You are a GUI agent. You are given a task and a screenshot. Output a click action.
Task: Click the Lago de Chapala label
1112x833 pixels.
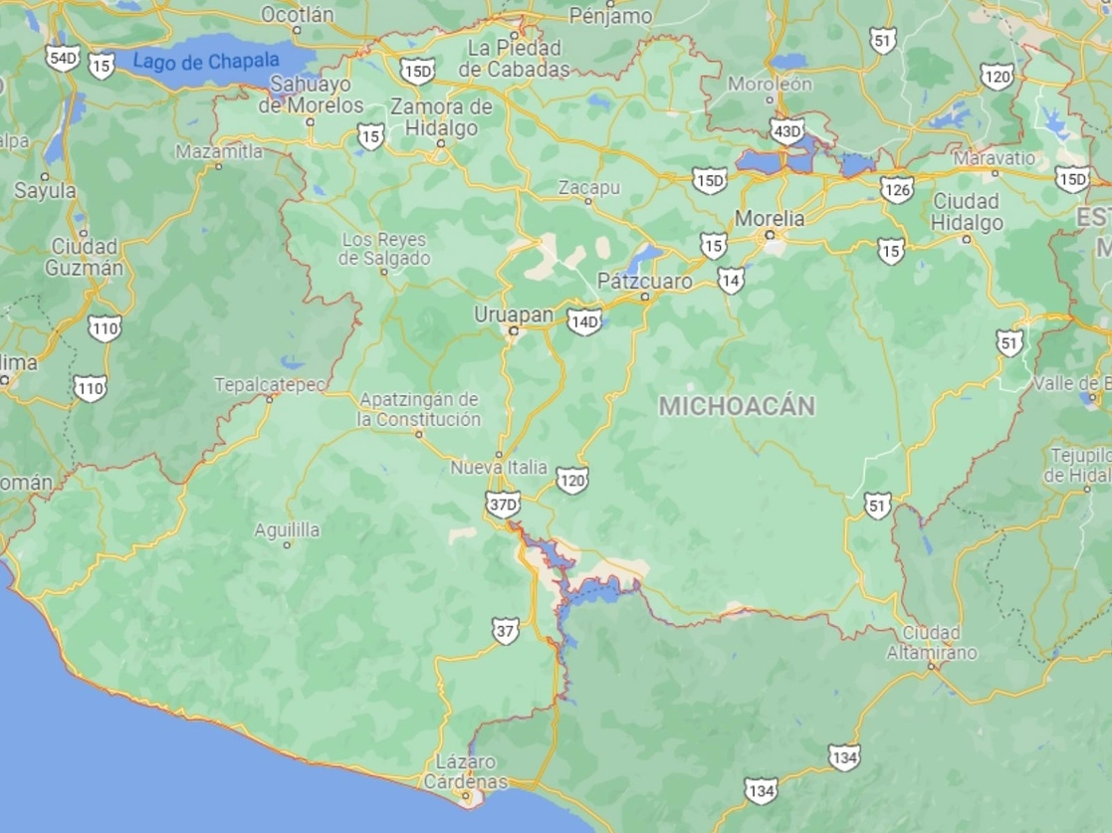pos(206,62)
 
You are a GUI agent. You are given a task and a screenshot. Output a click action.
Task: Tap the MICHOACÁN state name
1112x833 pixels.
pos(738,406)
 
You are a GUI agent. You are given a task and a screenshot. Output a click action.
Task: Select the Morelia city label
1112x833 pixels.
pos(770,218)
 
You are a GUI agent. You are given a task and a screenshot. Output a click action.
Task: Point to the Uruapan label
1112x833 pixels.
pos(514,313)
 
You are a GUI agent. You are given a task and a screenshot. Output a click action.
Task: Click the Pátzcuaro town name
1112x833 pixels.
pos(645,282)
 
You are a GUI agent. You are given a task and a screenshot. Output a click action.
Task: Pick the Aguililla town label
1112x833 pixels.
pos(287,530)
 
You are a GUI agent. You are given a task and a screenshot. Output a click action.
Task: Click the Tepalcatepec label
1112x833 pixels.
pos(269,384)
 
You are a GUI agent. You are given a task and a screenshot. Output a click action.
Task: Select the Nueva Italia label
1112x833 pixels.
pos(499,467)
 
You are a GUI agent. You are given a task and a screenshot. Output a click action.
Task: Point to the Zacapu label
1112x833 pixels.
pos(589,187)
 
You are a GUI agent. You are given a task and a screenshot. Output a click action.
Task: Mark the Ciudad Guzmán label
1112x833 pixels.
pos(85,257)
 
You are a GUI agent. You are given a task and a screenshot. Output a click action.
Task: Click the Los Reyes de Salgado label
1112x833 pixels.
pos(384,249)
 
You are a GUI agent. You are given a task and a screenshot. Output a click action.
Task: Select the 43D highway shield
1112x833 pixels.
pos(787,130)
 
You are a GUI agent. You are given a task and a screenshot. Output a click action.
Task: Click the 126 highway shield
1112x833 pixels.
pos(897,189)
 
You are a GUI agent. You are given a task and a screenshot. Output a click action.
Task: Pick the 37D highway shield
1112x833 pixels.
pos(504,505)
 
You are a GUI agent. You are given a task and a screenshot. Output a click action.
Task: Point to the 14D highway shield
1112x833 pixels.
pos(584,320)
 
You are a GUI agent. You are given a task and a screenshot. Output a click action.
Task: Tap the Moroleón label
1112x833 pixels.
pos(771,84)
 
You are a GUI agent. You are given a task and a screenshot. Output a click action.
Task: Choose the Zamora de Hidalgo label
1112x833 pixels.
pos(441,117)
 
